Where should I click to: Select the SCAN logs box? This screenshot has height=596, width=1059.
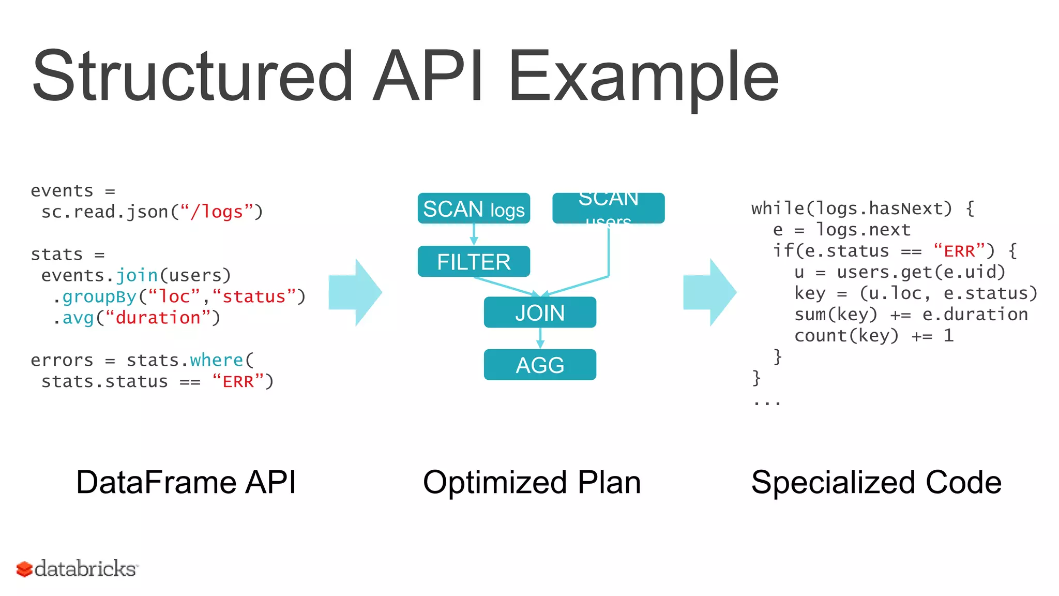pyautogui.click(x=474, y=208)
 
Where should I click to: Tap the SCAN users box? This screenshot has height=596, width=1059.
pyautogui.click(x=608, y=208)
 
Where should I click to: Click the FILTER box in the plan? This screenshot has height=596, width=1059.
pyautogui.click(x=474, y=261)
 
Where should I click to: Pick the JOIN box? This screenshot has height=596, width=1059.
pyautogui.click(x=540, y=312)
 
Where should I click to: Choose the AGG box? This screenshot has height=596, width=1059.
pyautogui.click(x=540, y=365)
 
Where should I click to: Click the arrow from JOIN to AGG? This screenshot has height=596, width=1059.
pyautogui.click(x=540, y=338)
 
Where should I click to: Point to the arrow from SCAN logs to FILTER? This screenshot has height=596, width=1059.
pyautogui.click(x=474, y=234)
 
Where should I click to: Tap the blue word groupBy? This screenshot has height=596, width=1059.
pyautogui.click(x=99, y=296)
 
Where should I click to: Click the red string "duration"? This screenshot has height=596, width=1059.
pyautogui.click(x=158, y=318)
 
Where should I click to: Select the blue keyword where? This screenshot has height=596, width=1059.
pyautogui.click(x=216, y=360)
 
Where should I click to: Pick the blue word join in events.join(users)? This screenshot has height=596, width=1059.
pyautogui.click(x=137, y=275)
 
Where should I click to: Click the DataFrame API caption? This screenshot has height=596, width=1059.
pyautogui.click(x=186, y=482)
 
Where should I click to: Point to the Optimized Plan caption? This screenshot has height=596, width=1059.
pyautogui.click(x=532, y=482)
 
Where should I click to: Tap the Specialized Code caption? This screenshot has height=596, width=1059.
pyautogui.click(x=876, y=482)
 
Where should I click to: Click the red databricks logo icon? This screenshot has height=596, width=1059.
pyautogui.click(x=24, y=569)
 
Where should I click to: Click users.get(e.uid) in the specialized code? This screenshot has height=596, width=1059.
pyautogui.click(x=920, y=272)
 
